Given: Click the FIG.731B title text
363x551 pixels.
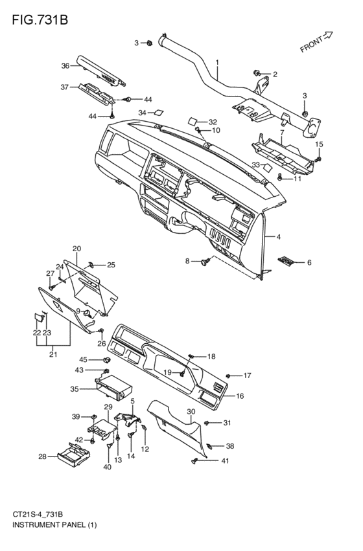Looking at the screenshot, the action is point(40,20).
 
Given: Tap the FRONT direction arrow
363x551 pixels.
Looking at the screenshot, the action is point(328,35).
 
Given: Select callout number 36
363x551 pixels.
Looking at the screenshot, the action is point(65,65).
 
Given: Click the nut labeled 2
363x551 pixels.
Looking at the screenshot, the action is point(257,73).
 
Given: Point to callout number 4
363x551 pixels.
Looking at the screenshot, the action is point(278,237).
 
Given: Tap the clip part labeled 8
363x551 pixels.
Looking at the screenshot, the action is point(205,261).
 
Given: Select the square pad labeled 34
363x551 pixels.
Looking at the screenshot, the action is point(159,113).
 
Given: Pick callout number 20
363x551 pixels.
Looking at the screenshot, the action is point(76,249).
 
